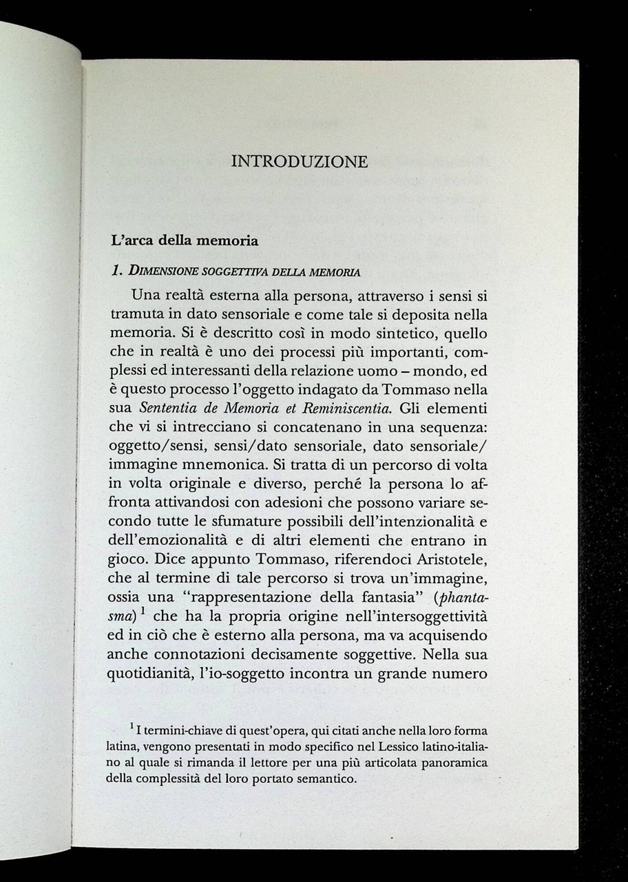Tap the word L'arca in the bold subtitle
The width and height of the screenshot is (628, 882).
coord(129,241)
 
